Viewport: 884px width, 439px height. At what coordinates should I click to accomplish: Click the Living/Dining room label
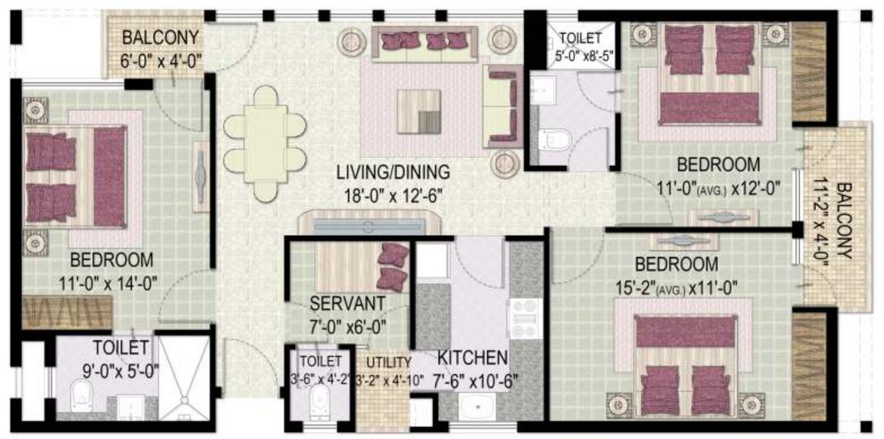pyautogui.click(x=392, y=172)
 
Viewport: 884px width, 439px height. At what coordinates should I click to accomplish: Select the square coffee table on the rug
pyautogui.click(x=418, y=111)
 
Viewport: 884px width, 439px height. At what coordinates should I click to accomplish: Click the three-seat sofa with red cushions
pyautogui.click(x=424, y=44)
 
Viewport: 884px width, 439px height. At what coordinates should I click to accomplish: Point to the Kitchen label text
pyautogui.click(x=472, y=357)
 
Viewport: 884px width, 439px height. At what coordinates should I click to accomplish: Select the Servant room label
pyautogui.click(x=347, y=303)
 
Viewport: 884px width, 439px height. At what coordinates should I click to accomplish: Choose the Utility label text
pyautogui.click(x=389, y=362)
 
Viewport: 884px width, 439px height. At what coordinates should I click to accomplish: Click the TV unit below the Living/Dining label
pyautogui.click(x=370, y=226)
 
